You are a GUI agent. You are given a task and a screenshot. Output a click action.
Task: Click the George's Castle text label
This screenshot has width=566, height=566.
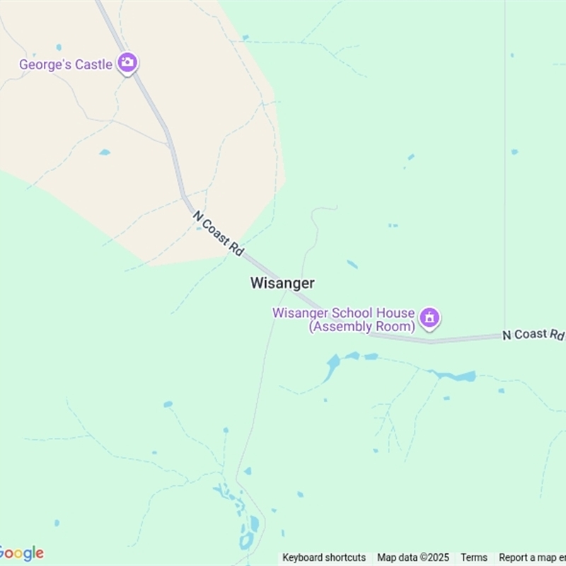65,64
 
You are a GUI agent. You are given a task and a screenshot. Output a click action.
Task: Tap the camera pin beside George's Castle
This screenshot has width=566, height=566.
127,63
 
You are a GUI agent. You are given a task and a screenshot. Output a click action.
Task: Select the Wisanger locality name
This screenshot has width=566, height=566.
282,283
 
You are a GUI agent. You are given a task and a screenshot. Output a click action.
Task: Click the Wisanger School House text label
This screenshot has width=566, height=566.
344,313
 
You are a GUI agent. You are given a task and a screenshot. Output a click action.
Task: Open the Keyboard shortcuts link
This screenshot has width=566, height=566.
324,558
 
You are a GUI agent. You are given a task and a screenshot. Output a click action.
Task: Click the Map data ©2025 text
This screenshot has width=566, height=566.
413,558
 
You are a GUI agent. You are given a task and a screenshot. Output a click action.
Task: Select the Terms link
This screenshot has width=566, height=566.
474,558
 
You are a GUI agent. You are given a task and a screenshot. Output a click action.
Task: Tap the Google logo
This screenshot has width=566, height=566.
21,553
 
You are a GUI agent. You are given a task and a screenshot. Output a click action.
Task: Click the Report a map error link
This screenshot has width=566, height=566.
532,558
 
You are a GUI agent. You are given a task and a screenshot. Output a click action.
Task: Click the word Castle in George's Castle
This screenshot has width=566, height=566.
94,64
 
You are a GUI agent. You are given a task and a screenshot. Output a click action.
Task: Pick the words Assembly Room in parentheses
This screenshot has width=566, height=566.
362,327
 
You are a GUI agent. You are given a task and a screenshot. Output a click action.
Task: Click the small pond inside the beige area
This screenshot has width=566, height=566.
105,152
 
